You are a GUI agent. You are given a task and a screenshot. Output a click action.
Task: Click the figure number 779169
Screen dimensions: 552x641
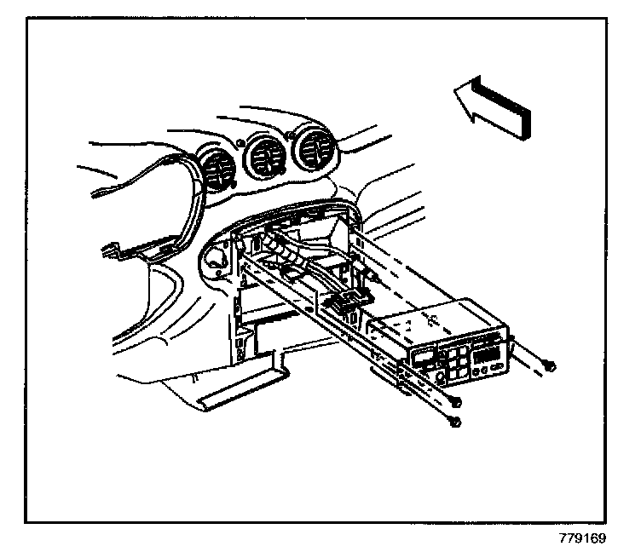[583, 538]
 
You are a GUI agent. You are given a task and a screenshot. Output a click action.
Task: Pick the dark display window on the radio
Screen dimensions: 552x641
[486, 350]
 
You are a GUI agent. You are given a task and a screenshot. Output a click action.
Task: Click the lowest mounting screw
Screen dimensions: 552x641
[457, 423]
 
